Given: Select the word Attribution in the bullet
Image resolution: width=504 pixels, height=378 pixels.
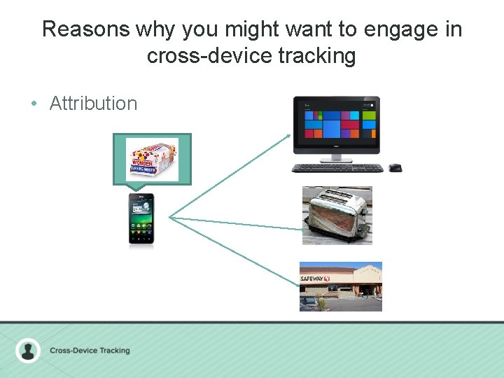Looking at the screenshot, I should (93, 104).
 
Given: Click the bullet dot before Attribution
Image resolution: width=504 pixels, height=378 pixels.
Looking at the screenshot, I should (34, 104).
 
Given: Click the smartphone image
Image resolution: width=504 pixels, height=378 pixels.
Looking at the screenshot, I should (141, 219).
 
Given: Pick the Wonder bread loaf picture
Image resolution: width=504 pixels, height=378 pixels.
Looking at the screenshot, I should (152, 157).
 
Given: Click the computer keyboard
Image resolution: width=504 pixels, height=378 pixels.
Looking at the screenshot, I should (337, 168).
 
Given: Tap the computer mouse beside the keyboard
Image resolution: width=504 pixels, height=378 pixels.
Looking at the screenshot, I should (395, 168).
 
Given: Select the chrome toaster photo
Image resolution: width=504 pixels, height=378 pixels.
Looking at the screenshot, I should (337, 216).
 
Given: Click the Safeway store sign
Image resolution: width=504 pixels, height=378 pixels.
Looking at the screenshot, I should (315, 279).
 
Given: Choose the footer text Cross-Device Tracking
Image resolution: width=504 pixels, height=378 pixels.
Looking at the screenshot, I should (90, 350).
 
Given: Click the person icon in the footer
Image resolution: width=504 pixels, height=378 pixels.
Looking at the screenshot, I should (28, 350).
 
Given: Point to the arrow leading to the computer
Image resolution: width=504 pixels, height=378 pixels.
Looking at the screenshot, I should (231, 175).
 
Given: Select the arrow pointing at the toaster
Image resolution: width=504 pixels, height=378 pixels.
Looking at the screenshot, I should (238, 223).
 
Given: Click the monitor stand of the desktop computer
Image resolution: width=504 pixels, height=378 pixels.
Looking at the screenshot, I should (337, 158).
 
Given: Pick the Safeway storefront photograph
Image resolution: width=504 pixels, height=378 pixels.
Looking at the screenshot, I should (341, 286).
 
